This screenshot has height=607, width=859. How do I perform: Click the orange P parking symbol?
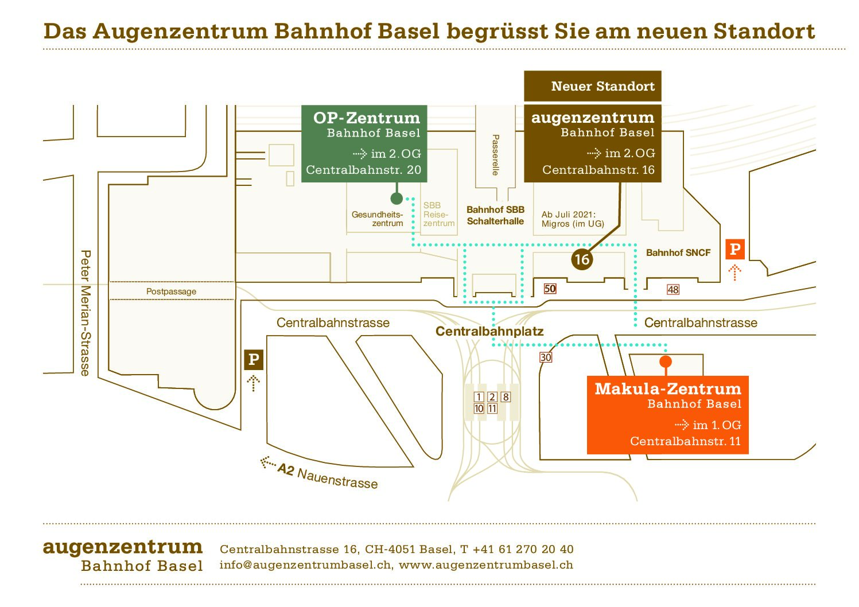click(734, 250)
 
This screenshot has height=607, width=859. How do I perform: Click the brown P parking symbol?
click(253, 360)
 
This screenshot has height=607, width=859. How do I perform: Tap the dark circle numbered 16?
click(582, 259)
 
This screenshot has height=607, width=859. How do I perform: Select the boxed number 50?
click(550, 289)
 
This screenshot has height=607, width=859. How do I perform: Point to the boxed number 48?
click(673, 290)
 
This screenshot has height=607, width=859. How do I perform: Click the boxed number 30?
click(545, 357)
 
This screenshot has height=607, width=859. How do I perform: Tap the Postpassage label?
click(171, 291)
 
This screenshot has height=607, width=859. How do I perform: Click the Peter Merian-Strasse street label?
click(85, 313)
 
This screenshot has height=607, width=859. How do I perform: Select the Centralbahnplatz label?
click(489, 331)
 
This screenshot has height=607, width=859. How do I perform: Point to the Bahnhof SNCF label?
click(678, 252)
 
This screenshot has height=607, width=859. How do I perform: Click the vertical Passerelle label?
click(496, 154)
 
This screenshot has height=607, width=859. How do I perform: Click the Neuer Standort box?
click(592, 86)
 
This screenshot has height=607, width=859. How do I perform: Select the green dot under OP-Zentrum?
click(397, 199)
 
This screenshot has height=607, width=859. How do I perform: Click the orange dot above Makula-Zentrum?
click(666, 361)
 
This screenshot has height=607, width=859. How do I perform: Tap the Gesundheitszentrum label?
click(378, 219)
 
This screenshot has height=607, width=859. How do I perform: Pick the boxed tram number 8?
click(505, 397)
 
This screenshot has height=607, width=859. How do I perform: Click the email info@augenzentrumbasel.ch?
click(306, 565)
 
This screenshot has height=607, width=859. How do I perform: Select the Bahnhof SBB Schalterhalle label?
click(495, 216)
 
